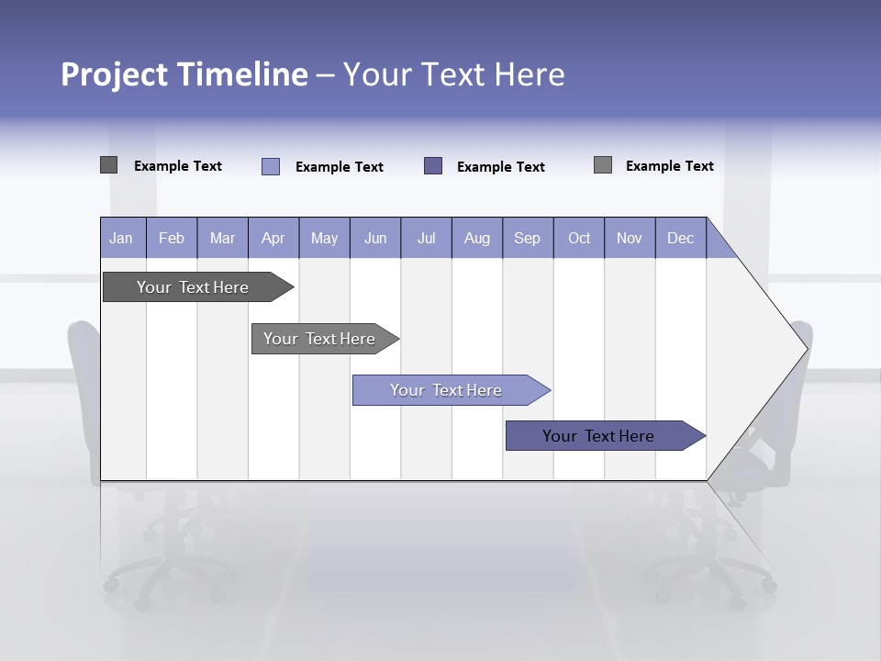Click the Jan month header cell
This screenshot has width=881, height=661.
click(x=122, y=238)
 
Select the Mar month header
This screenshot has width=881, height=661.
click(x=222, y=238)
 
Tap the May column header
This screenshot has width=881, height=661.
click(x=324, y=238)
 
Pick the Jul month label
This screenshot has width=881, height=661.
click(x=426, y=238)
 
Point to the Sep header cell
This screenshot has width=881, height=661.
click(x=527, y=238)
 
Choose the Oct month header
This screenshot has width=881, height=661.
click(x=579, y=238)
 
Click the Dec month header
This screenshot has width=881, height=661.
click(x=680, y=238)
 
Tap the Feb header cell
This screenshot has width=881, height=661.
click(x=172, y=238)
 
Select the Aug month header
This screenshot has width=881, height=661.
click(x=476, y=238)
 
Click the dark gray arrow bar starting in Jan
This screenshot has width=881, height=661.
click(x=193, y=287)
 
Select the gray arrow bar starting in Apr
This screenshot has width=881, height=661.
click(x=319, y=339)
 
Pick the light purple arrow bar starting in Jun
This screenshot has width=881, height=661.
click(x=446, y=390)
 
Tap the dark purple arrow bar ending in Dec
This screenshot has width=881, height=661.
click(x=598, y=436)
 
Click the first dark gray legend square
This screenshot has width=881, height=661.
click(x=108, y=165)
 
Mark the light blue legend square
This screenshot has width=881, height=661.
click(x=271, y=166)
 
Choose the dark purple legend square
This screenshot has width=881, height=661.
click(x=433, y=165)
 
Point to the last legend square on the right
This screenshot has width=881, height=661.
click(x=603, y=165)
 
